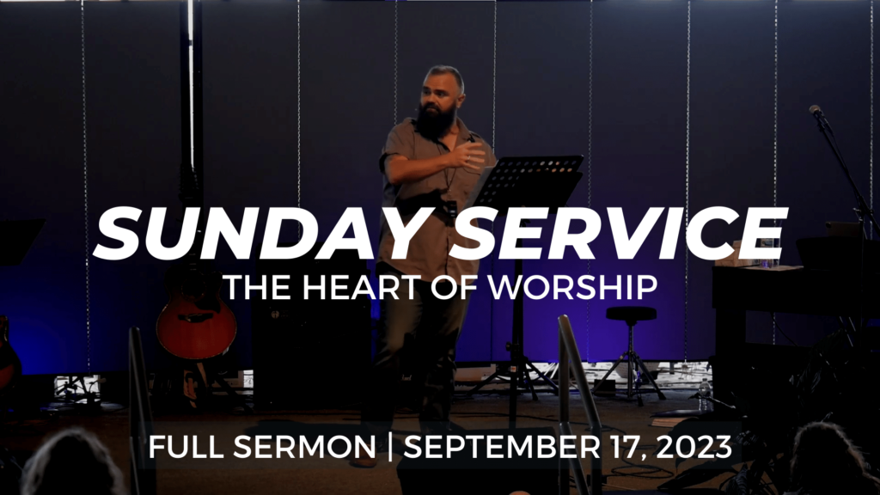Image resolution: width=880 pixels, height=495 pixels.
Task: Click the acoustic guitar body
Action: coord(196,327)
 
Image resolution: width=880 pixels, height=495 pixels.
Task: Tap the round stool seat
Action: coord(631,314)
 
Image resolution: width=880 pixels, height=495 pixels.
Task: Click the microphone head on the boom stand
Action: coord(816,112)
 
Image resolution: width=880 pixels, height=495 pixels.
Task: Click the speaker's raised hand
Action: coord(471,155)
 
